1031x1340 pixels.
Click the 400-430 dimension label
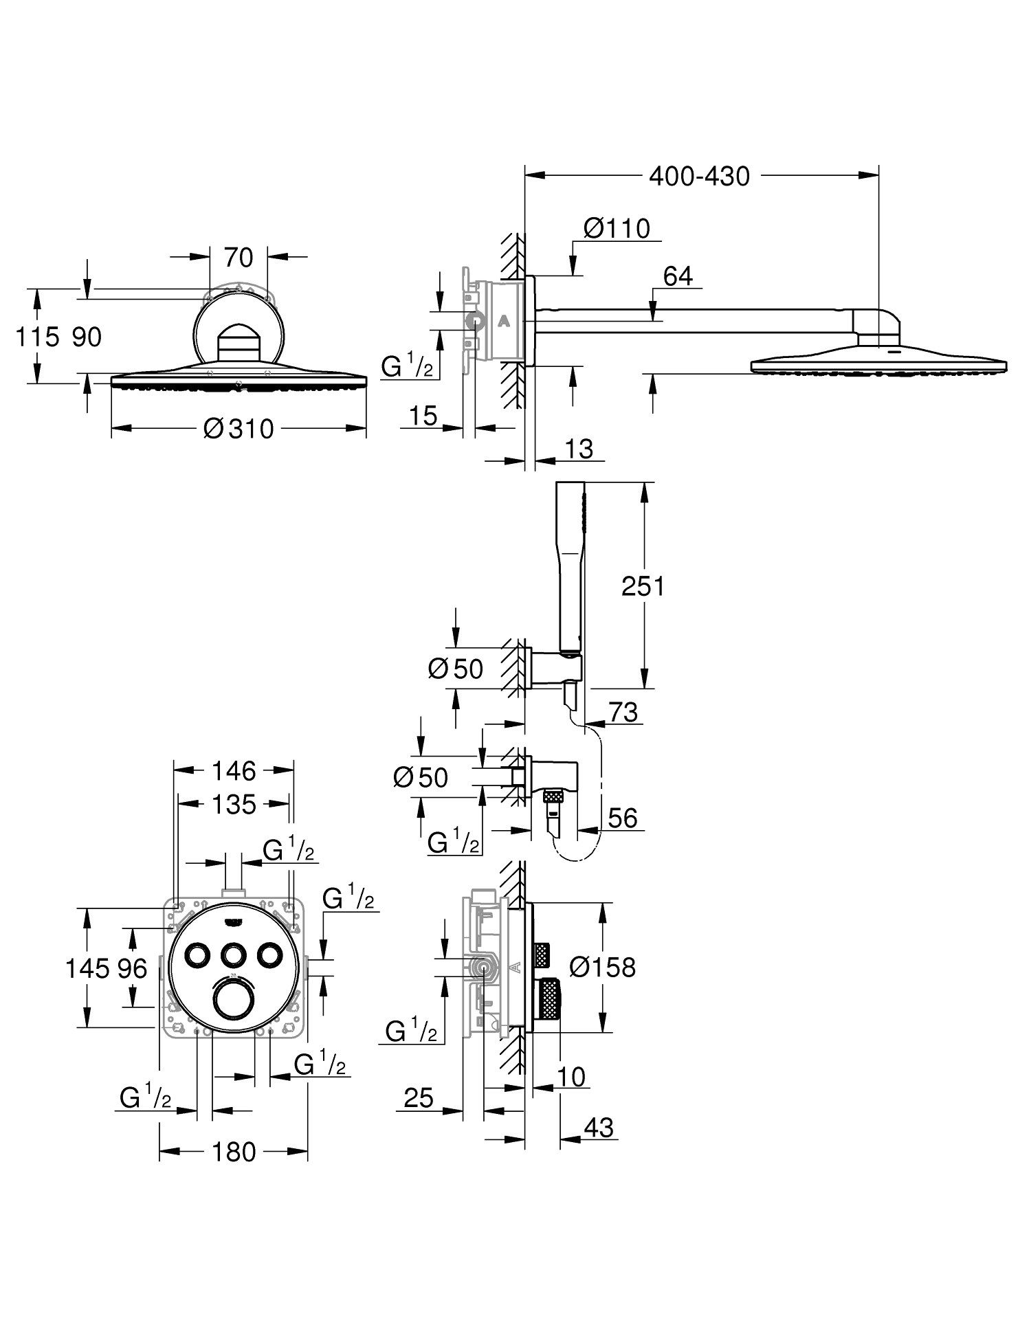pyautogui.click(x=699, y=177)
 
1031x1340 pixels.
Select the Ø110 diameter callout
pyautogui.click(x=616, y=228)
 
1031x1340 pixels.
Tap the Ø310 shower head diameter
pyautogui.click(x=239, y=429)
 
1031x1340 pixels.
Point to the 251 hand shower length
pyautogui.click(x=643, y=586)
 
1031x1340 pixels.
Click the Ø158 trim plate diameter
pyautogui.click(x=603, y=968)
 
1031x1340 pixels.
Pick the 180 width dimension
pyautogui.click(x=234, y=1152)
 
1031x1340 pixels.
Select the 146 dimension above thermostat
pyautogui.click(x=234, y=771)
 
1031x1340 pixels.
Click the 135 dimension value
pyautogui.click(x=234, y=804)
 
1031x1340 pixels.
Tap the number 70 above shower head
pyautogui.click(x=239, y=258)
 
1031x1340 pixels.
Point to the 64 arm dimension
pyautogui.click(x=678, y=276)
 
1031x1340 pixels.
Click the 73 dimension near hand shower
pyautogui.click(x=623, y=712)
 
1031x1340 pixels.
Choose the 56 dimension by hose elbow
pyautogui.click(x=623, y=818)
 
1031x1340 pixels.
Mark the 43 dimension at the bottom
pyautogui.click(x=598, y=1128)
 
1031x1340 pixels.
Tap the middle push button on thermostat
pyautogui.click(x=234, y=955)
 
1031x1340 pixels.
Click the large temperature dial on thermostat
pyautogui.click(x=234, y=998)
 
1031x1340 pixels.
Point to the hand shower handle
pyautogui.click(x=572, y=570)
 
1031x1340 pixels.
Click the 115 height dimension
pyautogui.click(x=36, y=337)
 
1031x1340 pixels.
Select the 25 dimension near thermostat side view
pyautogui.click(x=419, y=1097)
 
